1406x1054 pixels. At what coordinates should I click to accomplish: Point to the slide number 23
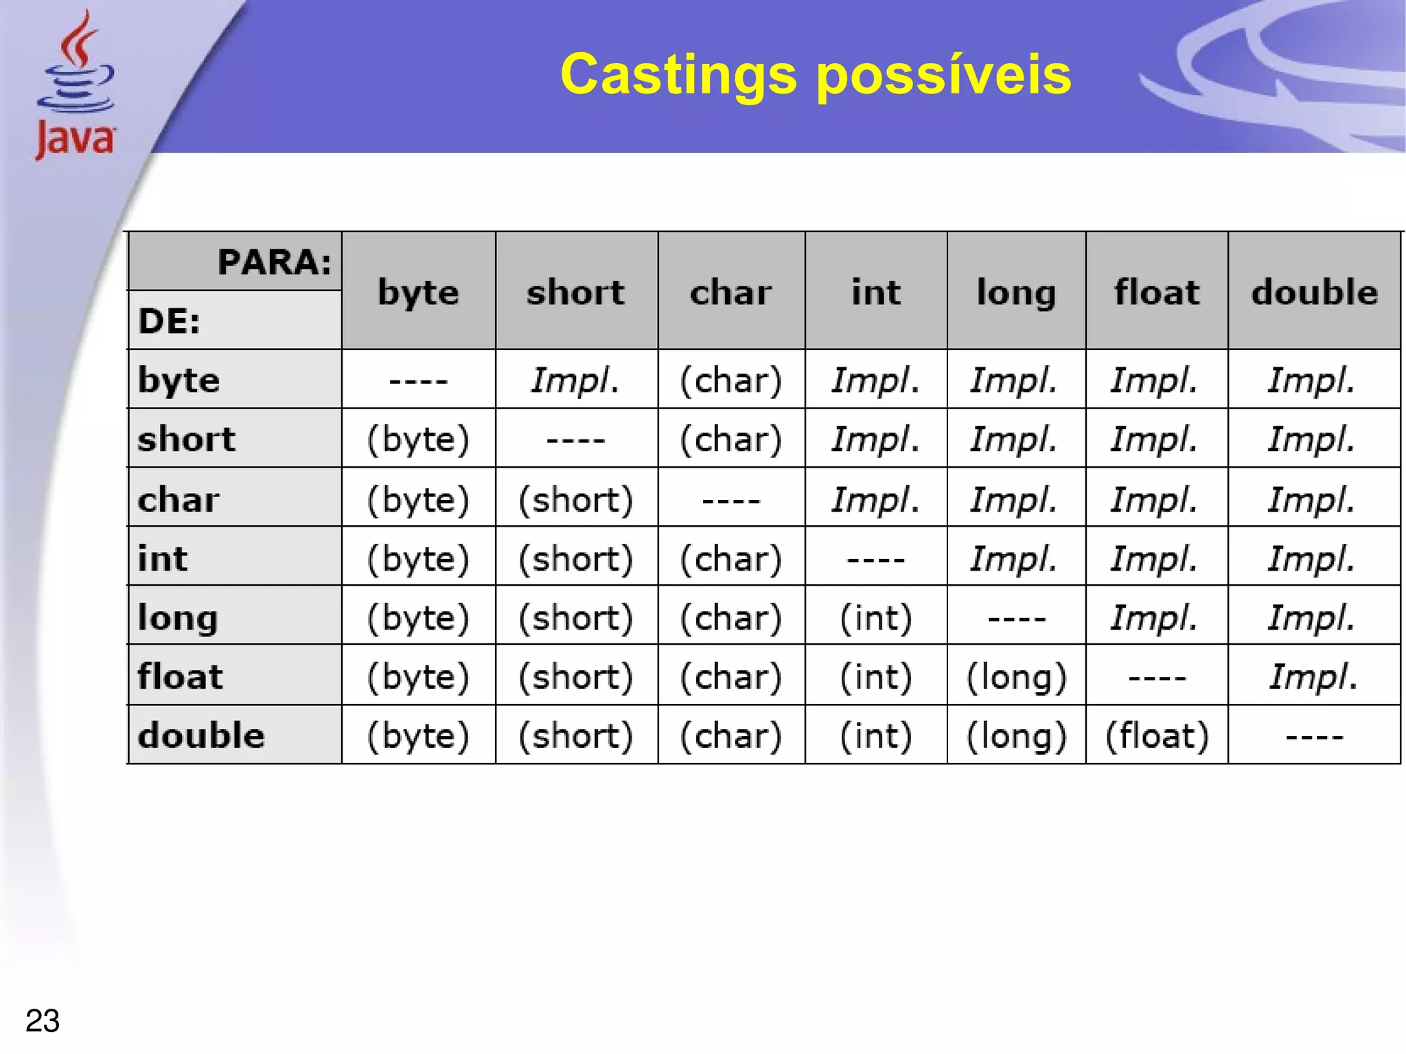click(43, 1020)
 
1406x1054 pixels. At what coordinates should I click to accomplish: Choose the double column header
click(1314, 292)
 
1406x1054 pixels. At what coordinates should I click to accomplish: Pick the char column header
click(731, 292)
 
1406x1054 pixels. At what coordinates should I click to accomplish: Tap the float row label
click(181, 676)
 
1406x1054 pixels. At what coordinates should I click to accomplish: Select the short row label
click(187, 439)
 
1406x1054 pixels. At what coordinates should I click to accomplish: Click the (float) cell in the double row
click(1157, 735)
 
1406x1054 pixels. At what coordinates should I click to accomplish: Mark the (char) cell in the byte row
click(731, 380)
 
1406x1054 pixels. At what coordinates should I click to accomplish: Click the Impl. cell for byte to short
click(575, 380)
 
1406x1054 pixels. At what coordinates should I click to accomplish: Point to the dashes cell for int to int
click(876, 558)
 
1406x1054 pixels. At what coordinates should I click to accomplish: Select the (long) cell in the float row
click(1017, 676)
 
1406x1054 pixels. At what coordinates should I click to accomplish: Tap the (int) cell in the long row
click(876, 617)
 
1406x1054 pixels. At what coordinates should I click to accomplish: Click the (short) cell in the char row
click(575, 499)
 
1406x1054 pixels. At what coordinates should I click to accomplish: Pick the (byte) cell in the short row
click(418, 439)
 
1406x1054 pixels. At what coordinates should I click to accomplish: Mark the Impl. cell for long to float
click(1155, 617)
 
